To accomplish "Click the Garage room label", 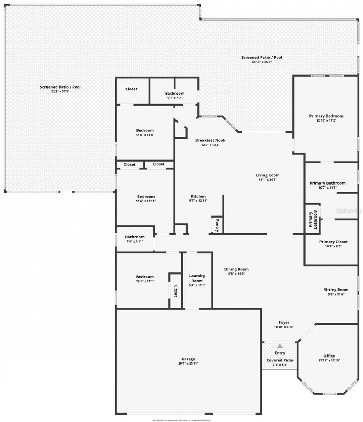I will click(189, 359).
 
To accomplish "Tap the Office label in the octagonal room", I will click(329, 356).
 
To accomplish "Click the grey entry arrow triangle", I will click(280, 346).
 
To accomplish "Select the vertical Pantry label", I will click(217, 225).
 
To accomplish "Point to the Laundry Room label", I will click(197, 278).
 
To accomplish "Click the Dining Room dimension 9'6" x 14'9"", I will click(236, 274).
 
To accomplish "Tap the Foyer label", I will click(284, 322).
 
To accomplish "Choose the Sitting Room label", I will click(336, 289).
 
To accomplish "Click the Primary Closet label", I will click(333, 242).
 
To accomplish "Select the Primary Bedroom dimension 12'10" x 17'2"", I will click(326, 120).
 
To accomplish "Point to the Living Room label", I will click(268, 175).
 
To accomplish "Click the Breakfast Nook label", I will click(210, 140).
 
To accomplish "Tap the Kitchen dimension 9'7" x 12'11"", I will click(198, 201).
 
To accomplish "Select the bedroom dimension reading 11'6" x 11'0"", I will click(145, 135).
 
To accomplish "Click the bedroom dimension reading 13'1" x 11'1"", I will click(145, 281).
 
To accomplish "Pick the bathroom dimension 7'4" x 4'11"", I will click(134, 241).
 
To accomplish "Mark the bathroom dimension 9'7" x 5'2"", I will click(174, 98).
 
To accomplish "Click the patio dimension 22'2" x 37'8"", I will click(60, 91).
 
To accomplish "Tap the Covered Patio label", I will click(280, 360).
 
